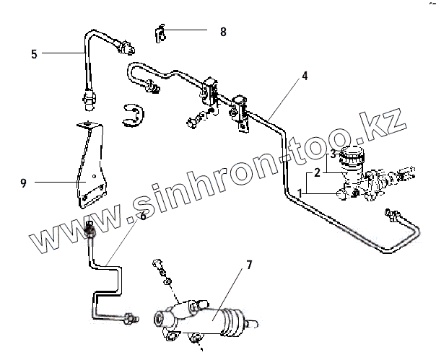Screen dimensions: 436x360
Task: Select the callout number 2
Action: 316,174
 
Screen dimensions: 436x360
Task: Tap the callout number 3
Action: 333,154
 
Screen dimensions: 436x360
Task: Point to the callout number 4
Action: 305,75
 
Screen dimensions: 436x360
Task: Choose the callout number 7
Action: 248,265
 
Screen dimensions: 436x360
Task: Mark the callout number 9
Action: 24,183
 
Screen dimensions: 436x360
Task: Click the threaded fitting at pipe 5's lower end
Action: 90,101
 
